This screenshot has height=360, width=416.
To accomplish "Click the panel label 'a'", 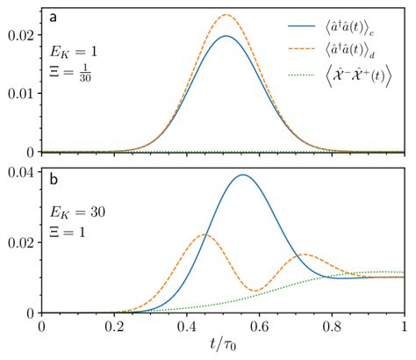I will [x=54, y=17].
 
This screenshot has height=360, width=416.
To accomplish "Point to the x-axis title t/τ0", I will [x=222, y=348].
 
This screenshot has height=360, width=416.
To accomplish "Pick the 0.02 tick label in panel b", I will [x=18, y=241].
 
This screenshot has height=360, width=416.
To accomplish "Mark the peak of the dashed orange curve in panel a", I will [x=226, y=15].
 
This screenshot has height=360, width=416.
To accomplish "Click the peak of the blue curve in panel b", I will [x=242, y=175].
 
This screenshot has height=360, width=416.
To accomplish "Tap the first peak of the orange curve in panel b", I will [x=204, y=234].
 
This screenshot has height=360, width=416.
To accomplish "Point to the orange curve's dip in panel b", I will [x=254, y=291].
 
